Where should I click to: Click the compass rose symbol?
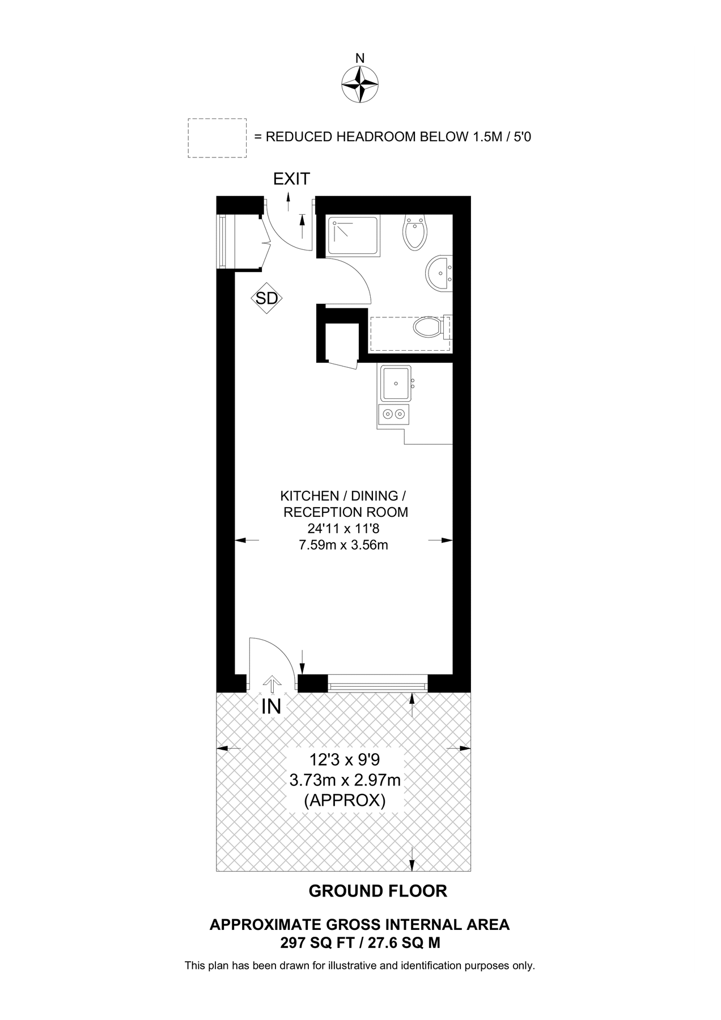(x=360, y=84)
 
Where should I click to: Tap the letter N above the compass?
(x=360, y=58)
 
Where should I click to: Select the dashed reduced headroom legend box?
(x=217, y=138)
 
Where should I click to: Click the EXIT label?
(x=291, y=179)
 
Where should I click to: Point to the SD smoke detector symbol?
(x=267, y=298)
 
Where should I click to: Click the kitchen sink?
(x=395, y=383)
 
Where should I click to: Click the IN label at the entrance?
(x=272, y=707)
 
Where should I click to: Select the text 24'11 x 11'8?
(x=343, y=529)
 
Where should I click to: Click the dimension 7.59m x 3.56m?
(x=343, y=546)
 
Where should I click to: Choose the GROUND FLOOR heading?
(x=378, y=891)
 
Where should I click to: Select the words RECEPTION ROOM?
(x=346, y=512)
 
